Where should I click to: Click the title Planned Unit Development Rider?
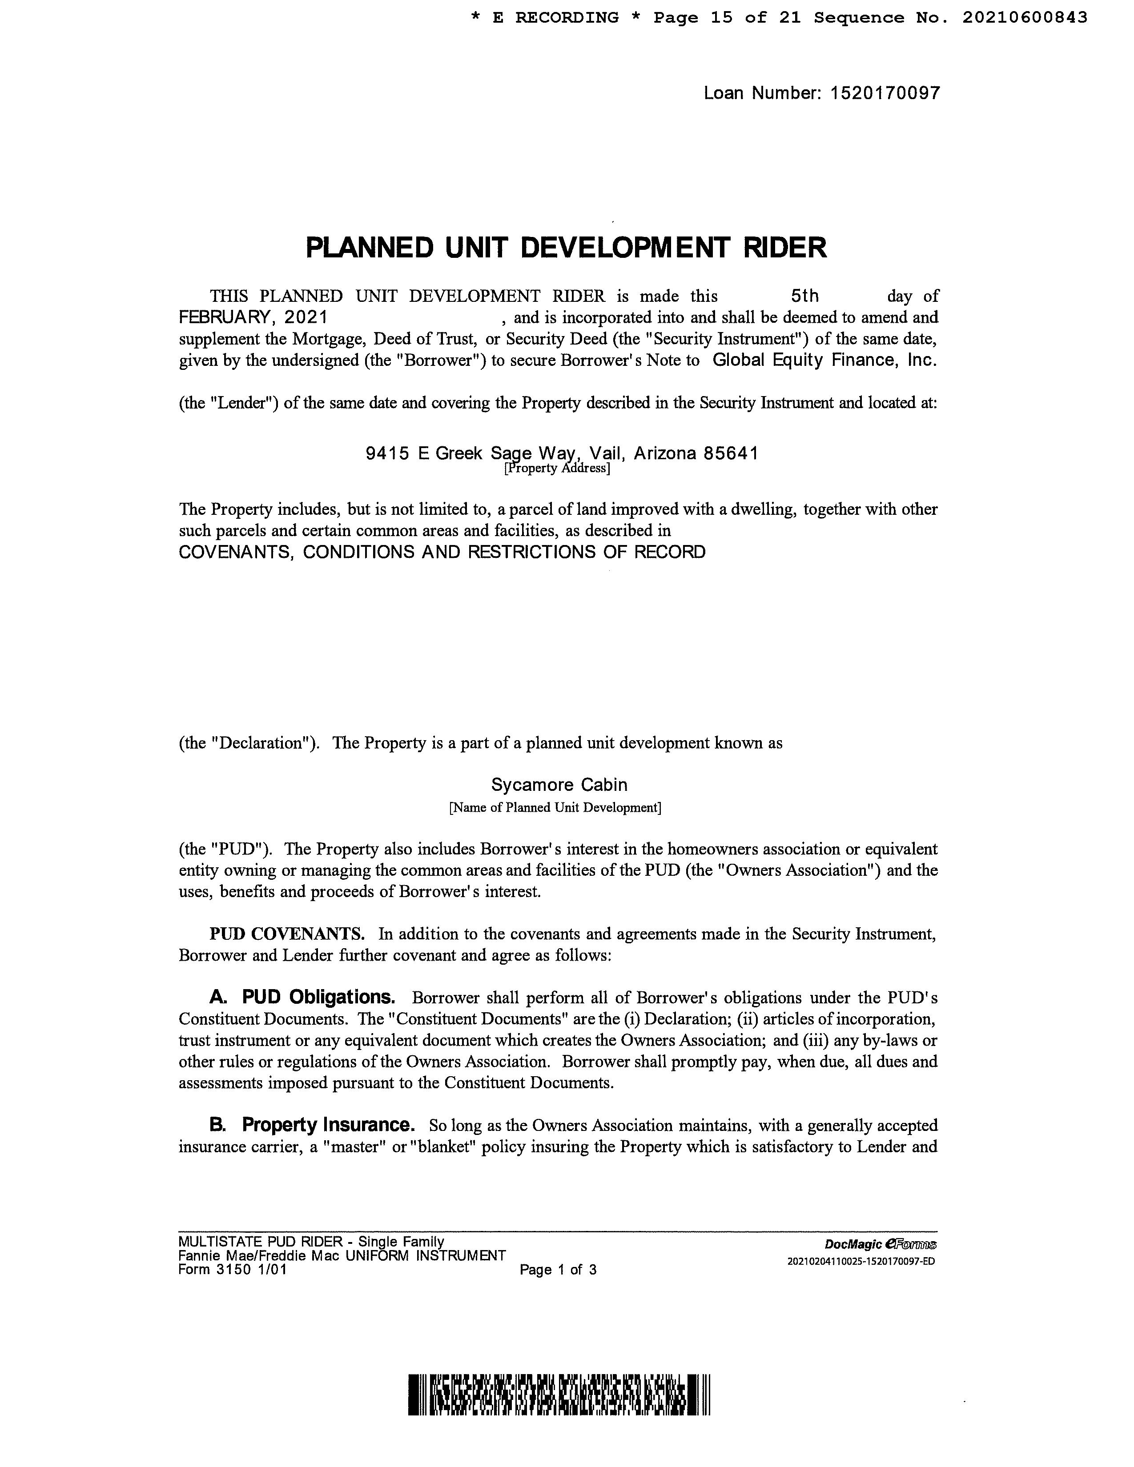[x=566, y=248]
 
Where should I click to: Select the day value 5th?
[x=804, y=296]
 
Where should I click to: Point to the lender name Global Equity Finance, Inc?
[x=824, y=360]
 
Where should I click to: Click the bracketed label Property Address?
[x=557, y=468]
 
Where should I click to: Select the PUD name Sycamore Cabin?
[x=559, y=785]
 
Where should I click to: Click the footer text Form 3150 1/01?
[x=233, y=1270]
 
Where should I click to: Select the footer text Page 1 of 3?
[x=558, y=1270]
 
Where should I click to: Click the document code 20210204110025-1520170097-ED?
[x=861, y=1261]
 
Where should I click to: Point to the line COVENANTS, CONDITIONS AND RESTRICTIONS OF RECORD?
[x=442, y=552]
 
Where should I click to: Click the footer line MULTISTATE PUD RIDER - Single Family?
[x=311, y=1242]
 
